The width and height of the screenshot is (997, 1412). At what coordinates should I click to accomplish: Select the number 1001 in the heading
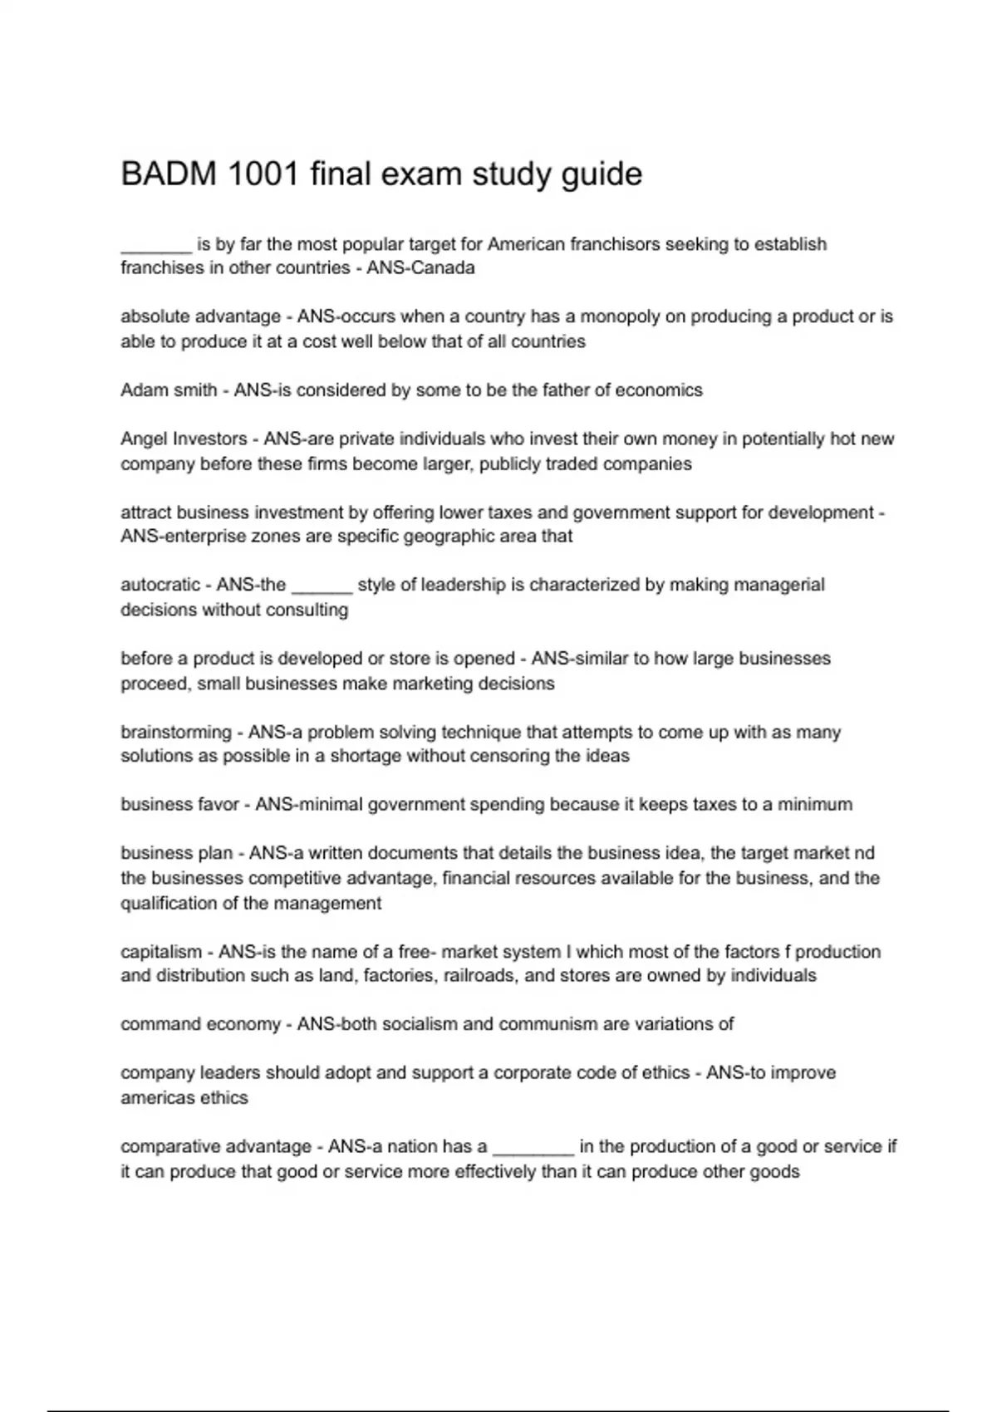(263, 174)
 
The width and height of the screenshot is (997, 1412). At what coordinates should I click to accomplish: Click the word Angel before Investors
(143, 439)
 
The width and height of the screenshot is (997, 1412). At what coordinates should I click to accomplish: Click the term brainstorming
(175, 733)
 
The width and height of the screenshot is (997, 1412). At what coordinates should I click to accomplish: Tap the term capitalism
(161, 952)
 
